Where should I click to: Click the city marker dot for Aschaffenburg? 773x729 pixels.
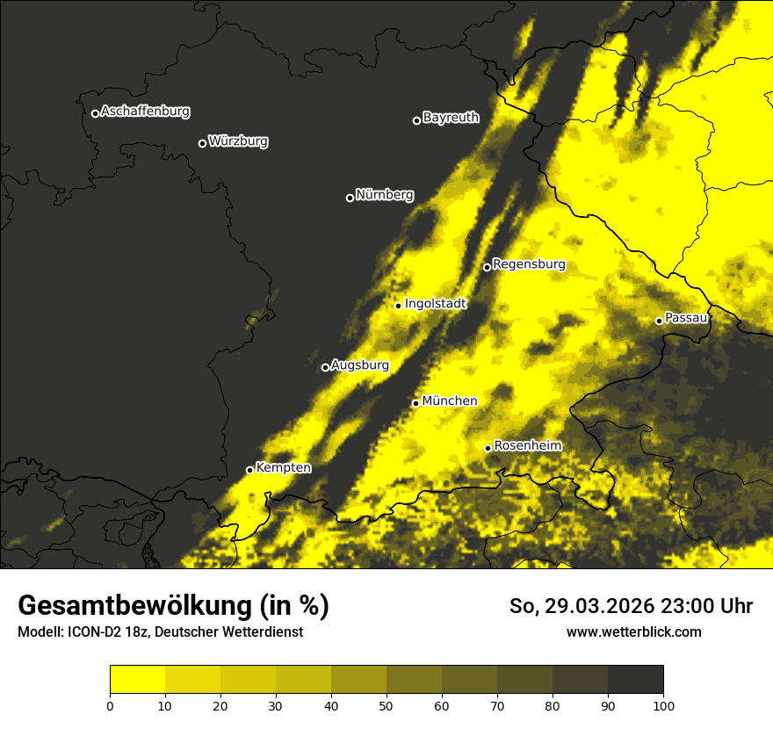[x=95, y=113]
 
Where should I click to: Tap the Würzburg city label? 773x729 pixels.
[x=238, y=141]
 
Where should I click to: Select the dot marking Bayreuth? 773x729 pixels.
[x=416, y=120]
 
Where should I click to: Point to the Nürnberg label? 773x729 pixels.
[x=384, y=195]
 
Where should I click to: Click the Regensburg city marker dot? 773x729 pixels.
[x=487, y=267]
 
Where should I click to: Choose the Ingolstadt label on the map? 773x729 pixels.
[x=435, y=304]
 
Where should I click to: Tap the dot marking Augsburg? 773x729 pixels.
[x=325, y=368]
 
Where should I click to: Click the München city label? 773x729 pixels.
[x=449, y=401]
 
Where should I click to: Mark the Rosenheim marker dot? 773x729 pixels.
[x=488, y=448]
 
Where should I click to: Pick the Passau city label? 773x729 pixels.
[x=686, y=318]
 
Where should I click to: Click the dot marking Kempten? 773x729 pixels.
[x=249, y=470]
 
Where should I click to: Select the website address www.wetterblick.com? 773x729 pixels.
[x=633, y=632]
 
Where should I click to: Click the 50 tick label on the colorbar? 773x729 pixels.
[x=386, y=705]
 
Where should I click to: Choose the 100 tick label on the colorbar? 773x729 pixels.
[x=663, y=705]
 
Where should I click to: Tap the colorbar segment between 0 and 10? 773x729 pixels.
[x=137, y=680]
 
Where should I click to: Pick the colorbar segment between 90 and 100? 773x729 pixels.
[x=635, y=680]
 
